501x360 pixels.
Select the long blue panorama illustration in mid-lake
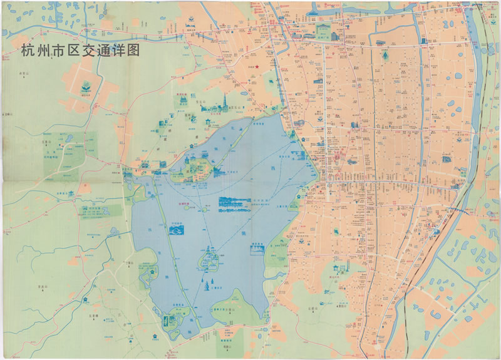click(x=234, y=202)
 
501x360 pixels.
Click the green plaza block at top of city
click(x=324, y=31)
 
